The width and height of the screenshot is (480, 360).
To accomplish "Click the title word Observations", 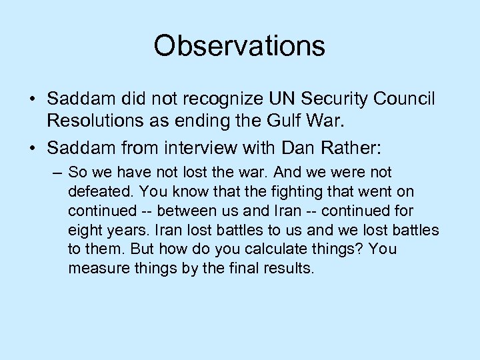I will pyautogui.click(x=239, y=46).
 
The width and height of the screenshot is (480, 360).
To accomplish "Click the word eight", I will pyautogui.click(x=85, y=230).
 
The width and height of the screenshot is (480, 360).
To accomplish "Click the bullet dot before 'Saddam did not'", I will pyautogui.click(x=32, y=99).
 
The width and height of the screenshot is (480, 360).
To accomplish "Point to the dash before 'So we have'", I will pyautogui.click(x=56, y=173).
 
